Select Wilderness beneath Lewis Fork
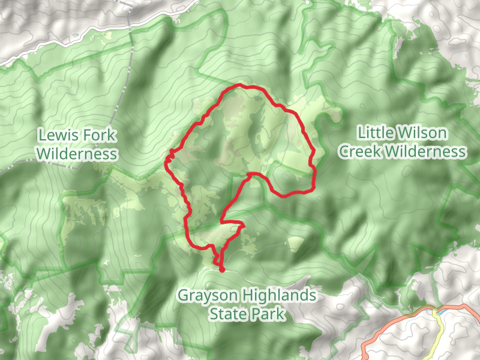[x=76, y=154]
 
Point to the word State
[x=229, y=313]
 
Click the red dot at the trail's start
[x=221, y=269]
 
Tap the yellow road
[x=439, y=327]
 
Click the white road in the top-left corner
[x=60, y=44]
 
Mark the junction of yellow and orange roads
[x=434, y=311]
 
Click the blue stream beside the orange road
[x=442, y=311]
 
